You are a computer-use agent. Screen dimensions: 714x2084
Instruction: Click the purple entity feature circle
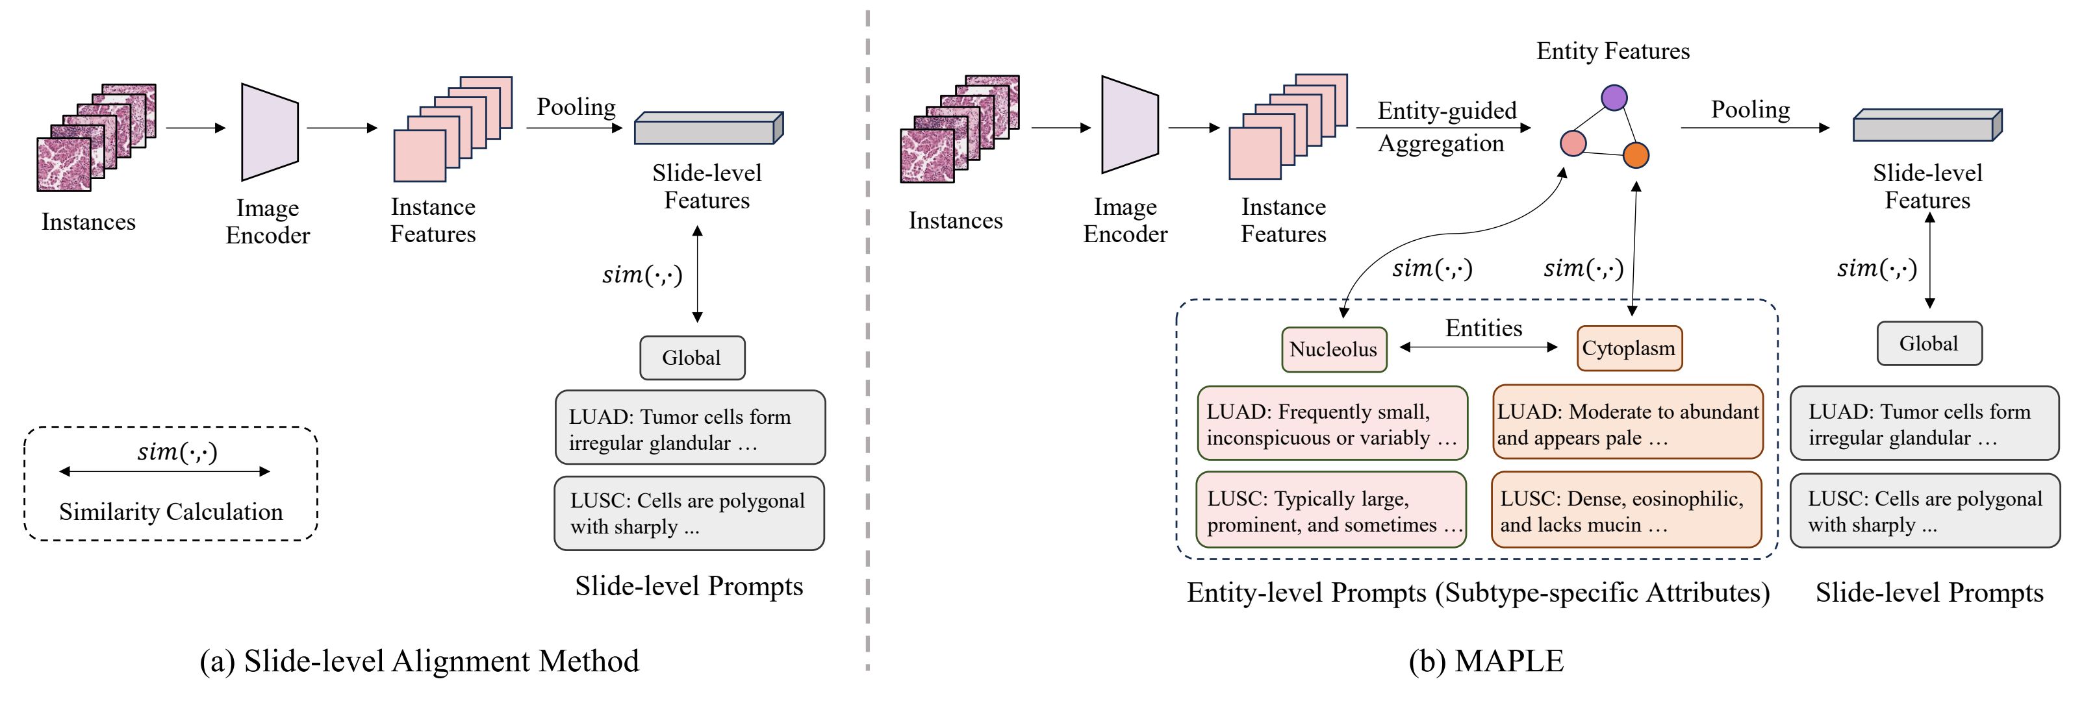[1614, 98]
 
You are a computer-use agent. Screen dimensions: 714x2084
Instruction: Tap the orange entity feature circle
[1636, 154]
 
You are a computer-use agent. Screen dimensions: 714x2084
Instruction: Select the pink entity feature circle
[1573, 143]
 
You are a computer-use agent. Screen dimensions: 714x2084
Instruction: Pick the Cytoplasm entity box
[1629, 349]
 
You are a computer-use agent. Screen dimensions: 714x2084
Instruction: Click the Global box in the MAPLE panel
[1929, 343]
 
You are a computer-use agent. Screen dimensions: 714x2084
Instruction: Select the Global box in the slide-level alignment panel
[692, 358]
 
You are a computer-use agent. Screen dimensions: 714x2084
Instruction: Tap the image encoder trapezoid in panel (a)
[270, 132]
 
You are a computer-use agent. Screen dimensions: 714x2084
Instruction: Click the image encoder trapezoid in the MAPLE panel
[1129, 125]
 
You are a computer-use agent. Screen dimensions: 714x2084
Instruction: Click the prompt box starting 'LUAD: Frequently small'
[1332, 425]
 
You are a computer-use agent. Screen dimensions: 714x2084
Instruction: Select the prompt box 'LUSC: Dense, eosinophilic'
[1626, 511]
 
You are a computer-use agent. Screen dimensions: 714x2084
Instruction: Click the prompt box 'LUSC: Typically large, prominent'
[1332, 511]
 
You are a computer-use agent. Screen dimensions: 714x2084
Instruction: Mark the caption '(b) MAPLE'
[1486, 661]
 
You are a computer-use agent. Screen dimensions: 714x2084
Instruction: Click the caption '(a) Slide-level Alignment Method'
[419, 661]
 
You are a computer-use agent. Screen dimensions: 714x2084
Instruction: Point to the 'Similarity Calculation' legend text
[171, 512]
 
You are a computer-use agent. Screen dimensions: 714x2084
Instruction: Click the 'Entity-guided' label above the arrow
[1447, 111]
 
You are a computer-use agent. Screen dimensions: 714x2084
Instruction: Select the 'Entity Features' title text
[1612, 51]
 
